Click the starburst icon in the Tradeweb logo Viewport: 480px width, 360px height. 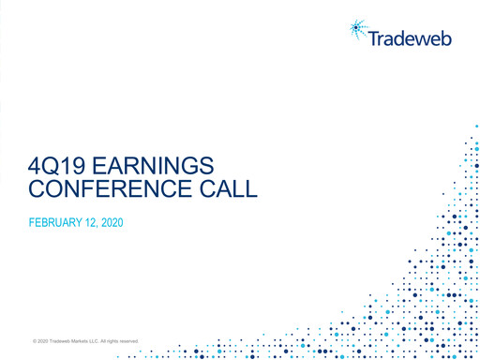click(x=359, y=31)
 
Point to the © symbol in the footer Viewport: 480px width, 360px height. click(x=34, y=340)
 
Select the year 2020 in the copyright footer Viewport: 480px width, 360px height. click(x=43, y=340)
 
